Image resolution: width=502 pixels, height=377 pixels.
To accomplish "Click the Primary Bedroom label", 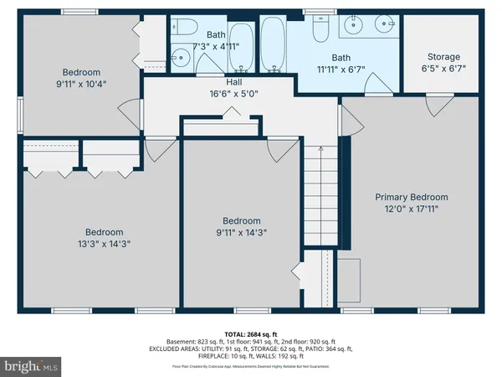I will pos(411,197).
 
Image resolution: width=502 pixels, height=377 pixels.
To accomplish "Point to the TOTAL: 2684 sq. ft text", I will pos(250,334).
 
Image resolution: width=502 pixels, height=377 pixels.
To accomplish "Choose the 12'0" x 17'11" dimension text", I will pos(411,209).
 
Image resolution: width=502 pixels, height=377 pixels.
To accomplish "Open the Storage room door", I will pos(435,105).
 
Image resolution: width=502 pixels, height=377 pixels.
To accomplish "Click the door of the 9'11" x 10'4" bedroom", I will pos(125,112).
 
